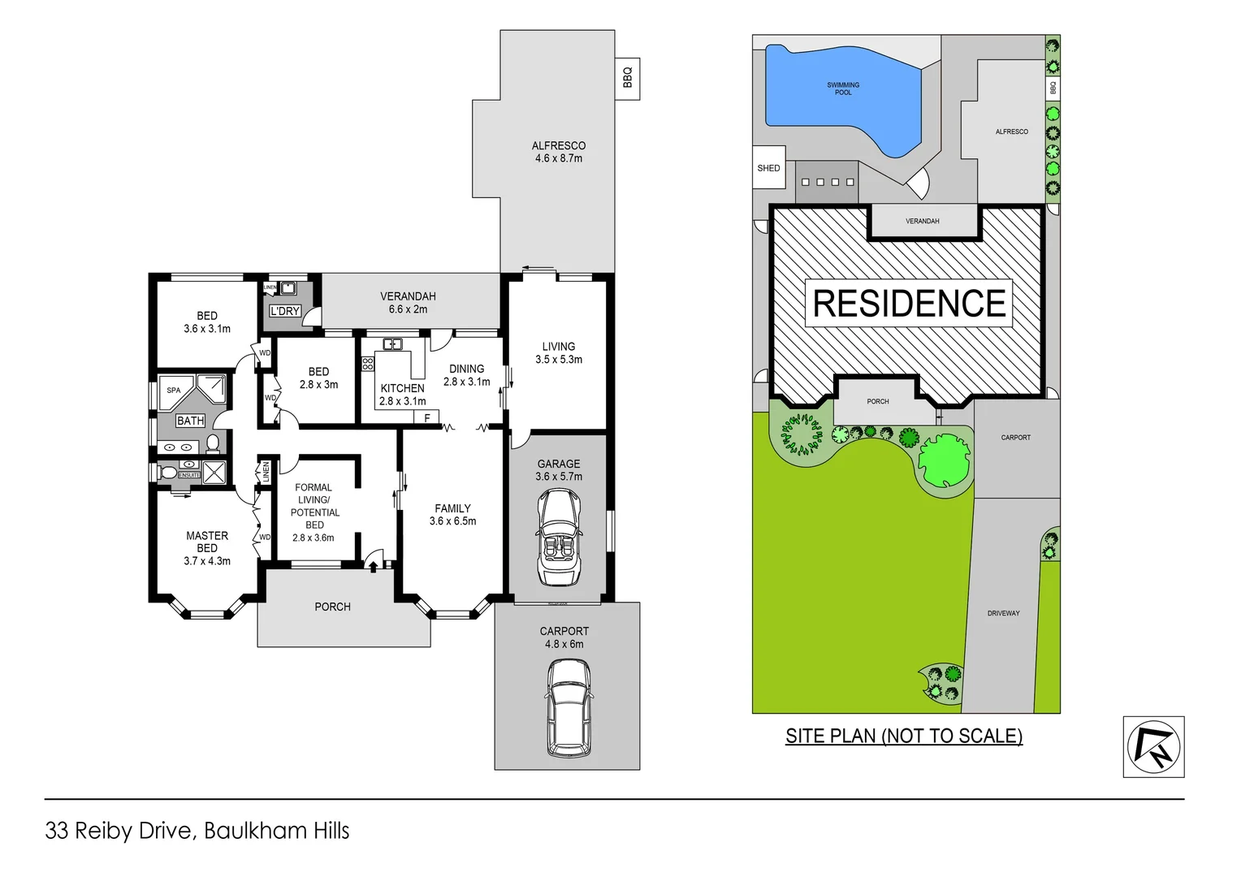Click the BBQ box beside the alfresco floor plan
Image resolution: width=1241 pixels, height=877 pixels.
pyautogui.click(x=627, y=78)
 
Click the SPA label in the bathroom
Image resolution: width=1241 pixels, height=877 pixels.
pyautogui.click(x=174, y=391)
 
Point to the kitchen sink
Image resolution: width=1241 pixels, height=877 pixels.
pyautogui.click(x=392, y=344)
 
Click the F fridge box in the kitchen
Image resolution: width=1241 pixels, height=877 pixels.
pyautogui.click(x=427, y=418)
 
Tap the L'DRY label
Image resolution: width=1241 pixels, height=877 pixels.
pyautogui.click(x=285, y=311)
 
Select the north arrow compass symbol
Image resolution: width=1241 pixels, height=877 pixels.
pyautogui.click(x=1153, y=747)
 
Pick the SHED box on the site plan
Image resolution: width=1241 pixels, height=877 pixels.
pyautogui.click(x=768, y=168)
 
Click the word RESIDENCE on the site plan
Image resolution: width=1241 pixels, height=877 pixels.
pyautogui.click(x=909, y=304)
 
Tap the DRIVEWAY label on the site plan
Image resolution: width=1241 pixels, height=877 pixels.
pyautogui.click(x=1004, y=613)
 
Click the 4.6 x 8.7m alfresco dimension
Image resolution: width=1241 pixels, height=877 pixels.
pyautogui.click(x=559, y=158)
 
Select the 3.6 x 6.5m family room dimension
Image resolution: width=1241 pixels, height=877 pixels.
pyautogui.click(x=452, y=521)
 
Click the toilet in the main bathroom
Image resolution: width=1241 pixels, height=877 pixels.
pyautogui.click(x=213, y=443)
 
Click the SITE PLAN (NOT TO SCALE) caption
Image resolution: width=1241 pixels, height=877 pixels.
pyautogui.click(x=904, y=736)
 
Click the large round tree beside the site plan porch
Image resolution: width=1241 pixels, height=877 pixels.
pyautogui.click(x=944, y=460)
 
